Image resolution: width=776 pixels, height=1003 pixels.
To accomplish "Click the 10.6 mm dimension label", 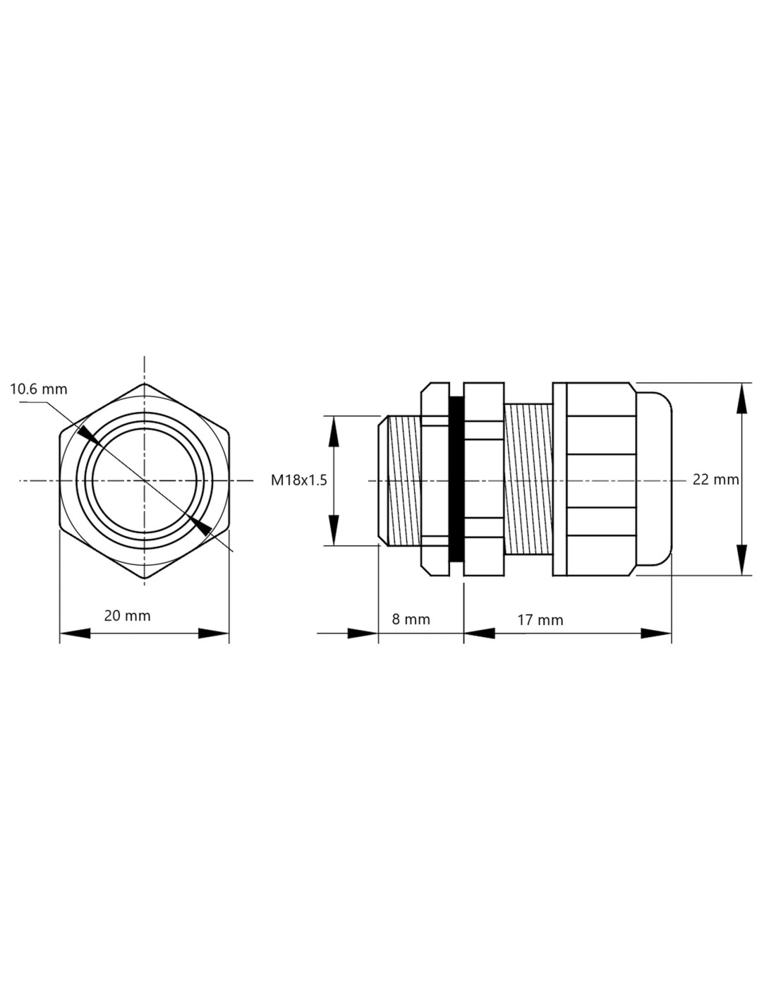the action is click(x=39, y=389).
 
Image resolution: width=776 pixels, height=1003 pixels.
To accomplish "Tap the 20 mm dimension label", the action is click(x=127, y=616).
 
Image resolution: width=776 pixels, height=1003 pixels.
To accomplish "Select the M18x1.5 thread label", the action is click(x=298, y=480).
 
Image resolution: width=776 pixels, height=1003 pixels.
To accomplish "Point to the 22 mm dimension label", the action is click(x=715, y=480).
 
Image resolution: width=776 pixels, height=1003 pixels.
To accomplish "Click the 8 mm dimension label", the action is click(x=411, y=619).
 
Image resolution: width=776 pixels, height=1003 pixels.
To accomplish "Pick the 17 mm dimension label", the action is click(x=540, y=620).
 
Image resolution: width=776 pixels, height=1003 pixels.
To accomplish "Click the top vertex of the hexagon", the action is click(x=145, y=384).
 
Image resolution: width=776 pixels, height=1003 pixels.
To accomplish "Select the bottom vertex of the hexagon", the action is click(x=145, y=578).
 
